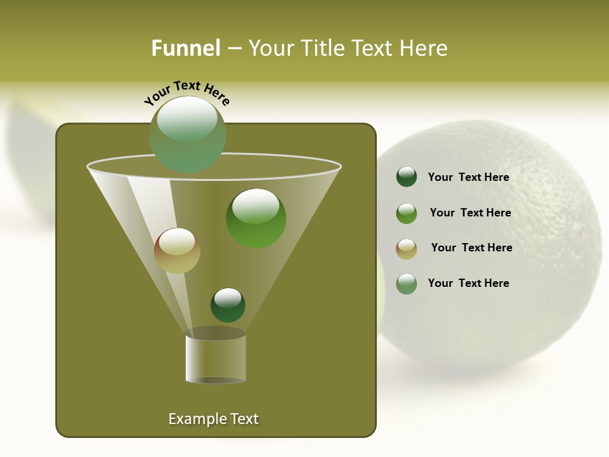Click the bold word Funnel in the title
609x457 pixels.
(x=185, y=48)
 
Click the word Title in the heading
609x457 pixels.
(x=322, y=48)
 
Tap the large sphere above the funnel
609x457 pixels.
(x=187, y=135)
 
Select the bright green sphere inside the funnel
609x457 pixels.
(x=256, y=218)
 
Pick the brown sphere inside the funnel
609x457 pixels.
(x=177, y=251)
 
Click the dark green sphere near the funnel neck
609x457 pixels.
(x=228, y=305)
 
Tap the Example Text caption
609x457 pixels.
(x=213, y=419)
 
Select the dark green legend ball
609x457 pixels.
(x=406, y=176)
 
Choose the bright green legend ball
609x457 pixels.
(x=406, y=213)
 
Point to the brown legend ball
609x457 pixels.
(x=406, y=248)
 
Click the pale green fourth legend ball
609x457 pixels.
(x=406, y=284)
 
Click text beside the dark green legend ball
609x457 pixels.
(x=468, y=177)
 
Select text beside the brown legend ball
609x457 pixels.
(x=471, y=248)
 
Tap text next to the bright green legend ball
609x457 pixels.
(x=470, y=213)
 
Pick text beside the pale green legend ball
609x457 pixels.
(x=468, y=283)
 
